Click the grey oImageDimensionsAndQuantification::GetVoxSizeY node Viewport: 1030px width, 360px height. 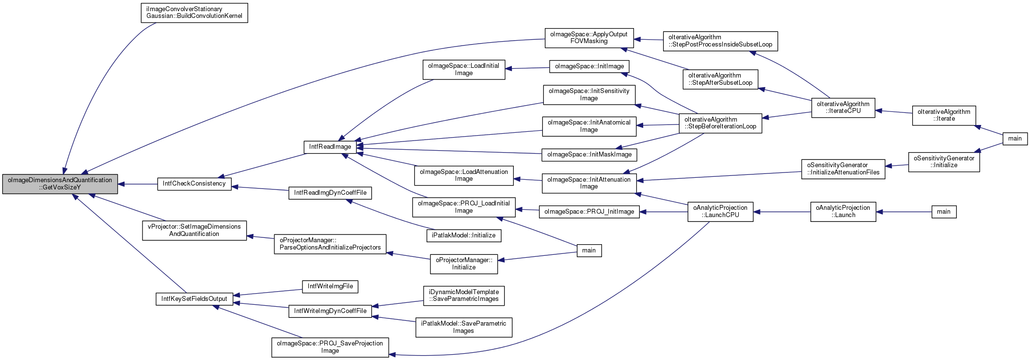click(60, 184)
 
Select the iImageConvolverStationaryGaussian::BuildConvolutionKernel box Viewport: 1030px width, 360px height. click(194, 13)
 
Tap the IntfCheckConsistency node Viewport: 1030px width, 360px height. click(194, 184)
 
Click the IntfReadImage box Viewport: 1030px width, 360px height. click(330, 147)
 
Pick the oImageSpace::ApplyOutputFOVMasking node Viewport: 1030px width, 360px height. click(589, 38)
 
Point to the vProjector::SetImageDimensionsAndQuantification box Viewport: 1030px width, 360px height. click(194, 230)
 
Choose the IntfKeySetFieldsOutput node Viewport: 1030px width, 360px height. click(194, 299)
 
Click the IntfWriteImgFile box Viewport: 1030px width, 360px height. click(330, 286)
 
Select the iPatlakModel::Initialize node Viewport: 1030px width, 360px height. click(464, 235)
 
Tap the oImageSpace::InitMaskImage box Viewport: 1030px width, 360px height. click(589, 155)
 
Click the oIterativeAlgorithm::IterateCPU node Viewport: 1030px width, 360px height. click(843, 108)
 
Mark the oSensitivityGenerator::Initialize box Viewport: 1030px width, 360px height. click(944, 162)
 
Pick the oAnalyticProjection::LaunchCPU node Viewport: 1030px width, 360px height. click(720, 212)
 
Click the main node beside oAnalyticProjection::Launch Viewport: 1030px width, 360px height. click(944, 212)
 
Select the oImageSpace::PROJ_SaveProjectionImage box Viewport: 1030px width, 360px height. click(330, 347)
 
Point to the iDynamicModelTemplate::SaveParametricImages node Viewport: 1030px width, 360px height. click(464, 296)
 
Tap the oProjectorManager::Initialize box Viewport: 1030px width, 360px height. click(464, 264)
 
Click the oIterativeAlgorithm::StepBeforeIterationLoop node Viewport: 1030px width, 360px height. click(720, 123)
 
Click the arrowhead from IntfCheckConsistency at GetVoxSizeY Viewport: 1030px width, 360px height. click(122, 184)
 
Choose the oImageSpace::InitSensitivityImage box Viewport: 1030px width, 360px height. click(589, 94)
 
